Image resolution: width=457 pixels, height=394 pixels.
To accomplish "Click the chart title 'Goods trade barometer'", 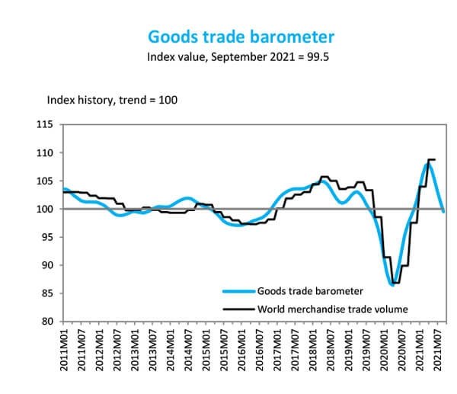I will [x=241, y=37].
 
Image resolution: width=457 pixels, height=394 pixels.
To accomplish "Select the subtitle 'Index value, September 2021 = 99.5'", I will [x=241, y=56].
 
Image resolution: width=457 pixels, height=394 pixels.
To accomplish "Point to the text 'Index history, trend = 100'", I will [x=112, y=100].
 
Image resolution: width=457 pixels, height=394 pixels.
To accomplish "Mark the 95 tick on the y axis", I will [x=48, y=237].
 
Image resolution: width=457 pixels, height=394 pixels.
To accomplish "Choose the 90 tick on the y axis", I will [x=48, y=265].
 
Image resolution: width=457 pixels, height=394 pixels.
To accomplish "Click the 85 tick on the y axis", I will [x=48, y=293].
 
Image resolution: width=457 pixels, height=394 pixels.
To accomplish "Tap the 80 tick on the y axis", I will [x=48, y=322].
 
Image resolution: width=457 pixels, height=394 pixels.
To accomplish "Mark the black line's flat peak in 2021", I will [x=431, y=160].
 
